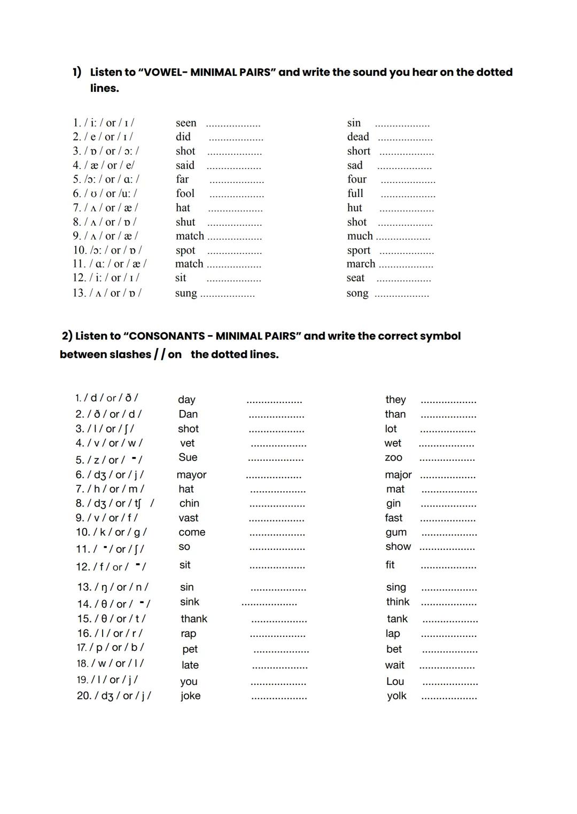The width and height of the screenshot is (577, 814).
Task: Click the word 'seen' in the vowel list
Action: click(186, 123)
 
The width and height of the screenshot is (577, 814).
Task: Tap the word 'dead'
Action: click(358, 137)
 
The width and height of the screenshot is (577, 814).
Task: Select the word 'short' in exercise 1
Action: click(358, 151)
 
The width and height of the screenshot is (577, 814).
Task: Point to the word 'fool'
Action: click(185, 194)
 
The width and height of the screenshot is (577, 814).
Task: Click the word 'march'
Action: click(361, 264)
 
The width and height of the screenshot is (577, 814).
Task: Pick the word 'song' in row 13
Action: click(357, 293)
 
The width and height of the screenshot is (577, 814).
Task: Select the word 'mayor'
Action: click(191, 475)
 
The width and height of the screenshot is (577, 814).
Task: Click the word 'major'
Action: click(398, 475)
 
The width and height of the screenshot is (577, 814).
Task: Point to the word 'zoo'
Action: click(393, 458)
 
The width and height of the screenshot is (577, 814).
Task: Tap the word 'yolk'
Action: click(396, 696)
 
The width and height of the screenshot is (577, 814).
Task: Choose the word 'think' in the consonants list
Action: click(397, 602)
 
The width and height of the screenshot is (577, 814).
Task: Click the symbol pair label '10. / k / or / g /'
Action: click(111, 532)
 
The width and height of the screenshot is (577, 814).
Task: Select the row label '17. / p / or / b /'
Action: click(110, 647)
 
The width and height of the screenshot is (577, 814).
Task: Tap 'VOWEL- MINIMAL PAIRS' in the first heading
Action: click(207, 72)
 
